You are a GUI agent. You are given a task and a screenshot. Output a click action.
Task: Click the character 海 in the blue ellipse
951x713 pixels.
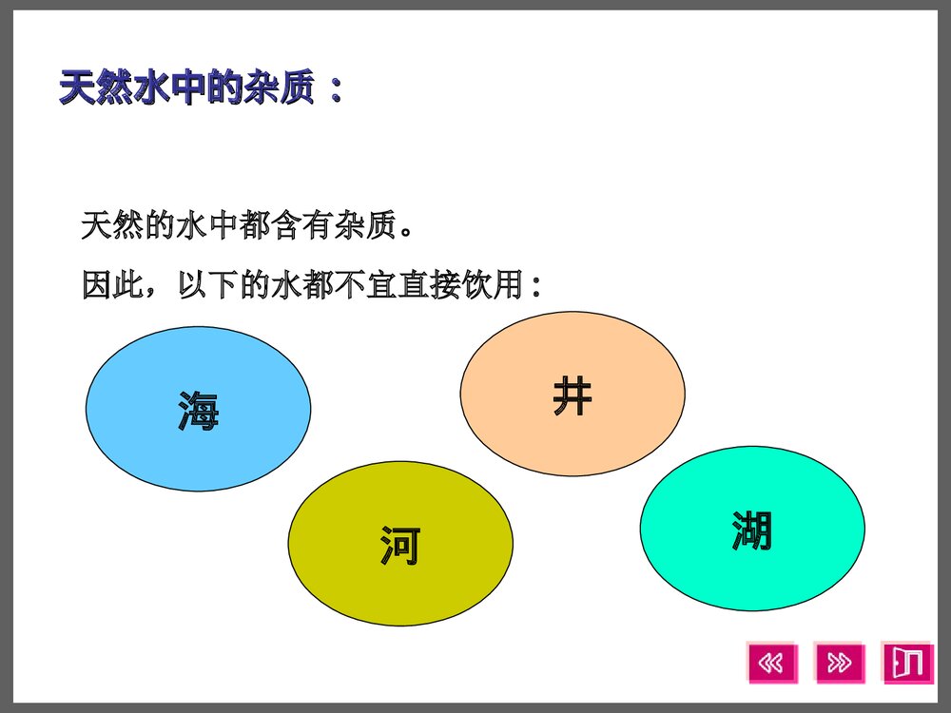click(198, 411)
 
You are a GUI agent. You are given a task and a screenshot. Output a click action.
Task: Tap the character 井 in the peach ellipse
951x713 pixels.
click(572, 395)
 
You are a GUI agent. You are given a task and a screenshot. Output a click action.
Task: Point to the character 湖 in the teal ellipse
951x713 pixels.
click(751, 530)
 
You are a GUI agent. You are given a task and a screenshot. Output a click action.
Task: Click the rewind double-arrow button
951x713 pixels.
click(772, 663)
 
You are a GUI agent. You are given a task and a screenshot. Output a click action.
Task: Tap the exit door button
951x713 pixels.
click(907, 663)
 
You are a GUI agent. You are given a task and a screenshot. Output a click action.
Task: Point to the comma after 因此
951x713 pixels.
click(156, 291)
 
